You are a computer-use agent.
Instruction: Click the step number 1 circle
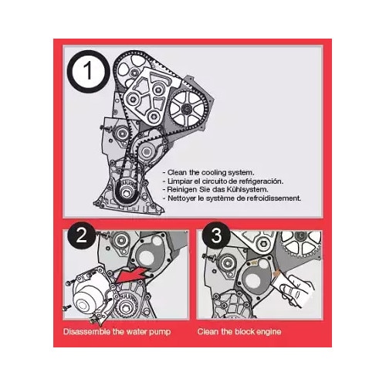pyautogui.click(x=87, y=71)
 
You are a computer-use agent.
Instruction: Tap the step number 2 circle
pyautogui.click(x=81, y=235)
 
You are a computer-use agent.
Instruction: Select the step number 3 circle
pyautogui.click(x=216, y=235)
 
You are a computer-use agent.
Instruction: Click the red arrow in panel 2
pyautogui.click(x=133, y=275)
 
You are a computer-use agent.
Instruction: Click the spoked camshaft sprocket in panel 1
pyautogui.click(x=187, y=109)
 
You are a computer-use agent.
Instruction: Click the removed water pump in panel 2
pyautogui.click(x=90, y=293)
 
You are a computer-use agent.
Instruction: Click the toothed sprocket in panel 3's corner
pyautogui.click(x=301, y=242)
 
